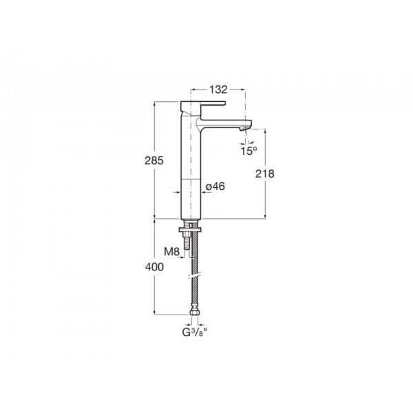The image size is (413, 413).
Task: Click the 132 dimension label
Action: (x=218, y=89)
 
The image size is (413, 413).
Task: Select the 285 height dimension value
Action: (x=154, y=160)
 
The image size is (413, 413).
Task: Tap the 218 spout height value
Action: (x=265, y=173)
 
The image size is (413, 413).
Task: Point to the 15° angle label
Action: (x=248, y=151)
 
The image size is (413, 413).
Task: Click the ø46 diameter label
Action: (x=215, y=187)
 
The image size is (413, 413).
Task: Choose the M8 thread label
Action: (x=171, y=251)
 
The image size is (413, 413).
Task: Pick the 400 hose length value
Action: (x=154, y=267)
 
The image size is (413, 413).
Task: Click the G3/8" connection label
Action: (x=194, y=332)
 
